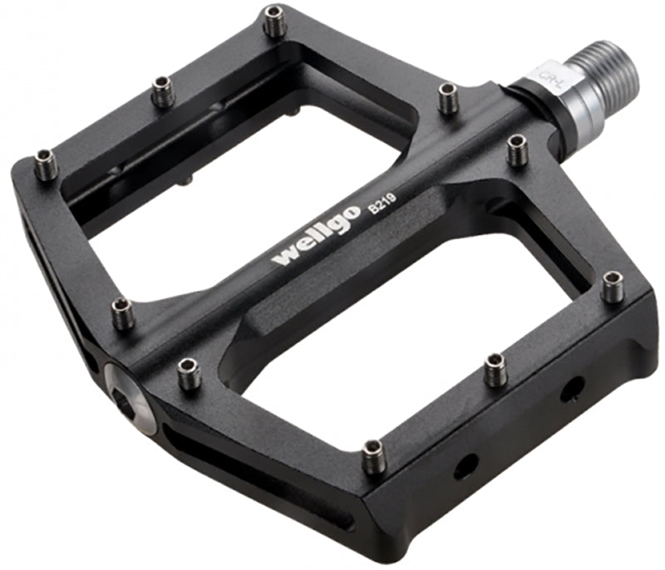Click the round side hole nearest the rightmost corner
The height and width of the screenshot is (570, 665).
[x=571, y=389]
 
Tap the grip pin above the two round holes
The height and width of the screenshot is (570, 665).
[x=496, y=370]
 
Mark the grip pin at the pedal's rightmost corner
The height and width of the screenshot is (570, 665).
[x=613, y=287]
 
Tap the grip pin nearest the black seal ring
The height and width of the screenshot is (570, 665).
[x=517, y=150]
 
